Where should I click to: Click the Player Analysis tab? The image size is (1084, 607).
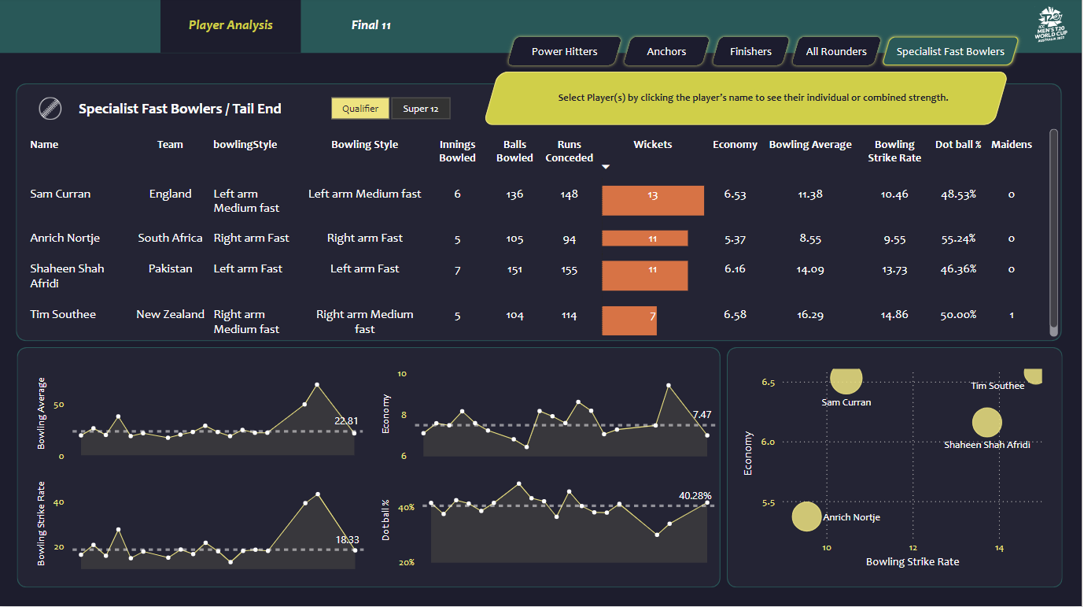tap(230, 25)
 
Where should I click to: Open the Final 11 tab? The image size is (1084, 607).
tap(371, 25)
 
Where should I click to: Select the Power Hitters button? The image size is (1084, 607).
tap(564, 52)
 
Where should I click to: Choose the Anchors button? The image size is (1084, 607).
tap(666, 52)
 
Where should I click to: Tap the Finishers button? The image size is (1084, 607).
tap(750, 52)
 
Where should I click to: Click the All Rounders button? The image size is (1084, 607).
tap(835, 52)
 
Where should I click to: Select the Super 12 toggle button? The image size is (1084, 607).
tap(421, 109)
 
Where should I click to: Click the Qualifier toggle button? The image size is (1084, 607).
tap(360, 109)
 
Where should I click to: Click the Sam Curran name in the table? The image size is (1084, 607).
tap(61, 194)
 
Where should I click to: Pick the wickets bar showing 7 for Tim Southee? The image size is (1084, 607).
tap(629, 320)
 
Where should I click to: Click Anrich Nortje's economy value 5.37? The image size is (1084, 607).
tap(735, 239)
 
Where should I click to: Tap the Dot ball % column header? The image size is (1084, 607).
tap(958, 145)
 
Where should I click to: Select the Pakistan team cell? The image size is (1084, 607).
tap(170, 268)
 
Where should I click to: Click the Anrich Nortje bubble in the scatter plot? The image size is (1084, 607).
tap(806, 517)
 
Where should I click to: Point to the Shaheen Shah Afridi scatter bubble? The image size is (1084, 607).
tap(986, 423)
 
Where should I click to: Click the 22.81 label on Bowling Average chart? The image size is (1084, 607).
tap(346, 421)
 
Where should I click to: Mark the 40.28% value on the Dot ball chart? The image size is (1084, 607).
tap(695, 496)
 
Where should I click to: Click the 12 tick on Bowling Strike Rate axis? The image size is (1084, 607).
tap(913, 548)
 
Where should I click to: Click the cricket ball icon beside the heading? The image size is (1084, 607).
tap(50, 109)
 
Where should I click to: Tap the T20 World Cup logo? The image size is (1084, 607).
tap(1050, 28)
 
